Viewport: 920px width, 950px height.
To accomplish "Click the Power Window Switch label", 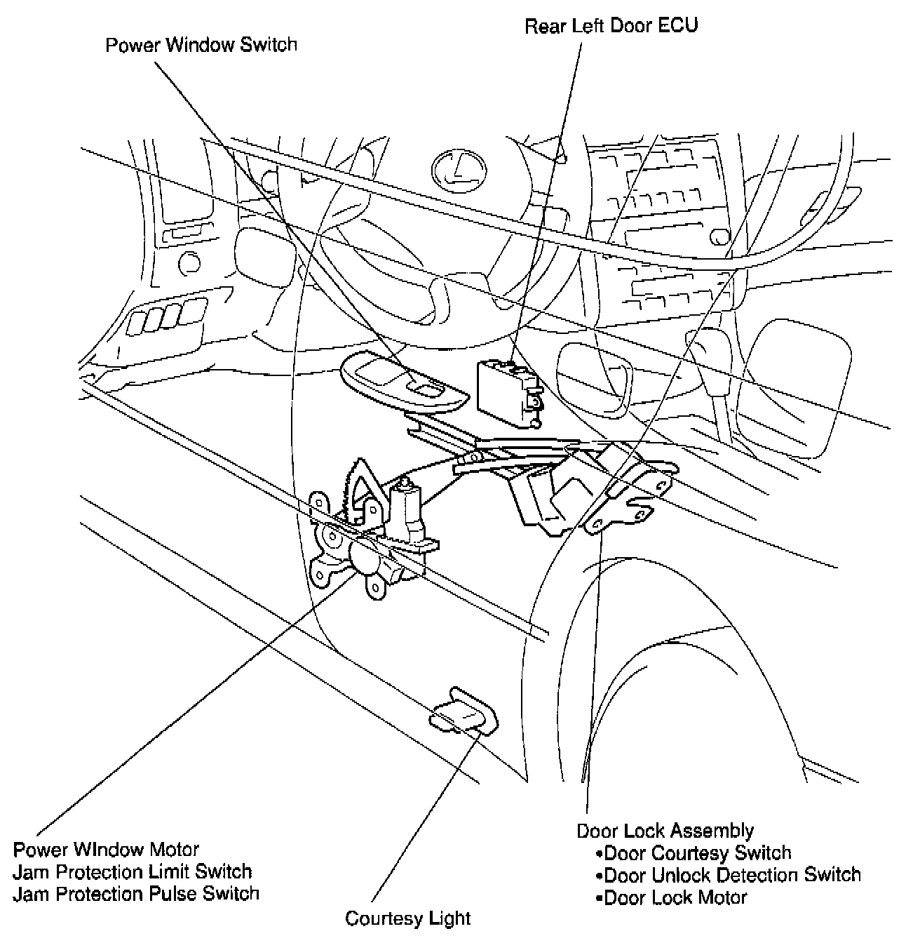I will point(201,45).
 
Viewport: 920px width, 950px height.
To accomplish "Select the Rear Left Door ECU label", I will point(611,26).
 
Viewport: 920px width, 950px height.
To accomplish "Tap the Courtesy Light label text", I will point(407,918).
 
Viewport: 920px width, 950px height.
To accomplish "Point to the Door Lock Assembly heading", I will point(665,831).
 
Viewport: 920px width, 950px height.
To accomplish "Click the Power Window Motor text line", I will point(106,850).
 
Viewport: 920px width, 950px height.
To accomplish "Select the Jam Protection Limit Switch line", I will point(133,871).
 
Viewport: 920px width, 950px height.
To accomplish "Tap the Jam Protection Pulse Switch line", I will point(136,893).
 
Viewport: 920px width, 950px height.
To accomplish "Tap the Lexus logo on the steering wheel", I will point(459,170).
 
